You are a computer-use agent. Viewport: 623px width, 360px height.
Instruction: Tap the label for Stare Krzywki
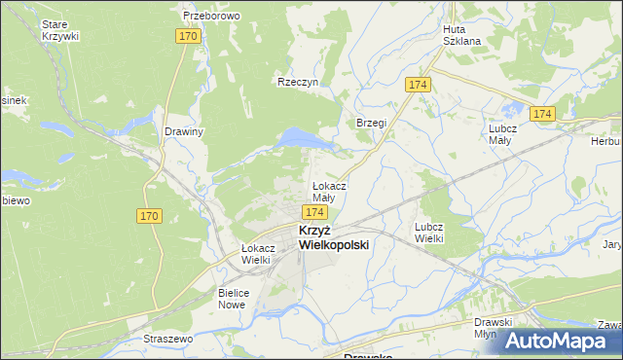60,29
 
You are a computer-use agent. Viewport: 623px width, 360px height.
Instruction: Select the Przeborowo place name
211,17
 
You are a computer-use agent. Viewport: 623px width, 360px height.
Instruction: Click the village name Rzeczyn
298,83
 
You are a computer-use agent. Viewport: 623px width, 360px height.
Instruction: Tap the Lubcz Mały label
506,133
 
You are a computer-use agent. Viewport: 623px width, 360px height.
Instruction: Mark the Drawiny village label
184,132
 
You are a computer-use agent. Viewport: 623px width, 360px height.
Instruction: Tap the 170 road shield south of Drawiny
150,216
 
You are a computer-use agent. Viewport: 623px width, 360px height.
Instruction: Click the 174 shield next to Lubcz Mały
542,114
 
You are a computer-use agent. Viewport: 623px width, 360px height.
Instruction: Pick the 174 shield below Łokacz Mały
313,211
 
